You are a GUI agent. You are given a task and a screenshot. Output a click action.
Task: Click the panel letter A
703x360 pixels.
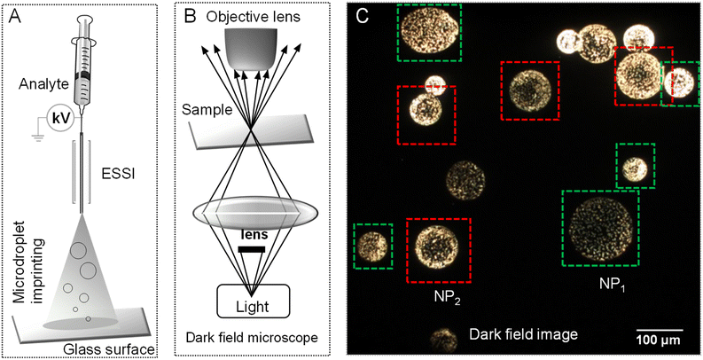point(15,16)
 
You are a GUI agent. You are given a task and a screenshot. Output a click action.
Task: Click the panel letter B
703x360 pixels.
point(189,16)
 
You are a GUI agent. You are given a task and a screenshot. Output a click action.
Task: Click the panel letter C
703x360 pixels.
point(361,16)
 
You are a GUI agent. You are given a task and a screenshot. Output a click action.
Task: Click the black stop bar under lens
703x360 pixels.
point(253,251)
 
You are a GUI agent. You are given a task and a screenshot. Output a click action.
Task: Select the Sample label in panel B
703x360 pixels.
point(205,109)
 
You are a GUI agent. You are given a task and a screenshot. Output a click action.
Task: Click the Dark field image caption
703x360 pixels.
point(523,334)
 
